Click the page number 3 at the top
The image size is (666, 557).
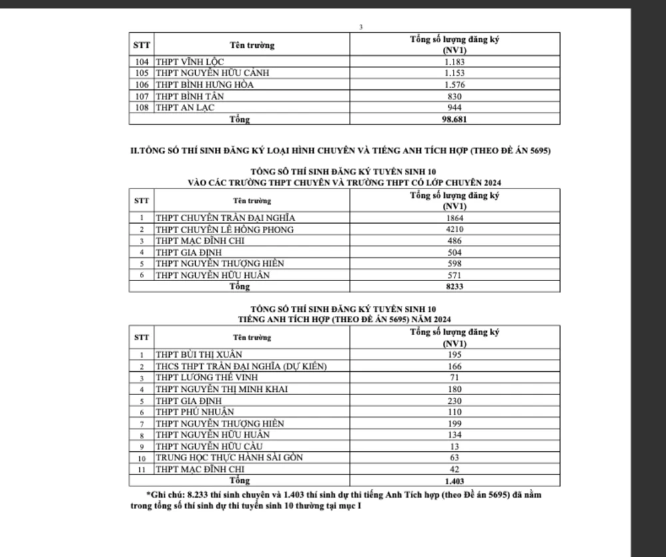360,27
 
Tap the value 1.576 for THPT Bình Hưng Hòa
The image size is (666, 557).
455,85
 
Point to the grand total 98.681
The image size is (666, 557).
455,119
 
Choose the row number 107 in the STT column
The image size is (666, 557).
143,96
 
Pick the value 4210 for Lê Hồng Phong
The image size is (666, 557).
455,229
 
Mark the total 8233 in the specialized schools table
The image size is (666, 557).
455,286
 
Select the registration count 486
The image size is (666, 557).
455,241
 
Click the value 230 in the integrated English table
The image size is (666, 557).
455,401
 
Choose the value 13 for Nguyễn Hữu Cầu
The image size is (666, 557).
455,446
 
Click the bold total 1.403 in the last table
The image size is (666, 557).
455,480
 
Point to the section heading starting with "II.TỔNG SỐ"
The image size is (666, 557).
340,151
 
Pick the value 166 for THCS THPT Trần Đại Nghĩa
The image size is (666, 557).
455,366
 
